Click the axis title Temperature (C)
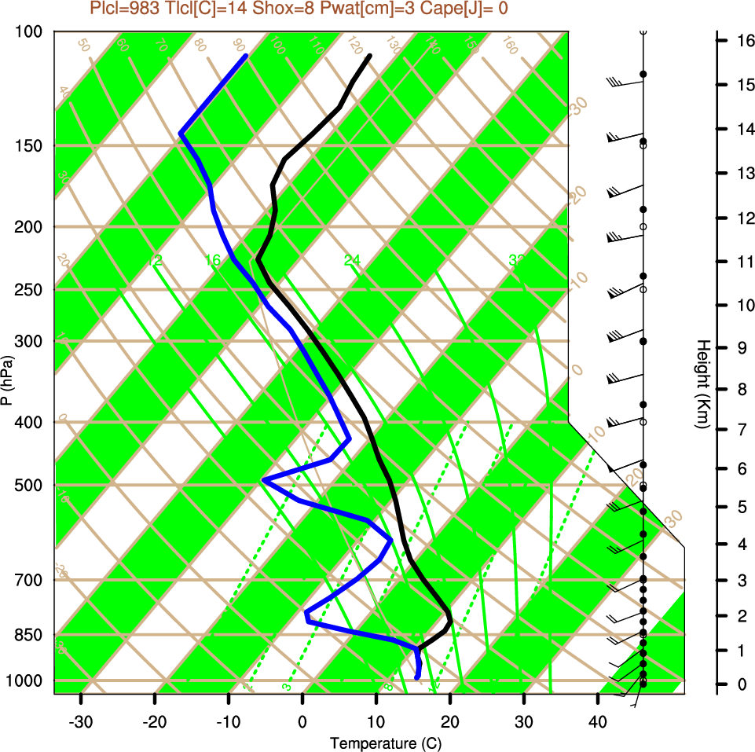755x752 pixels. click(379, 743)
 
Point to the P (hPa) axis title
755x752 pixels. click(7, 380)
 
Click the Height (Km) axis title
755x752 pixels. click(703, 384)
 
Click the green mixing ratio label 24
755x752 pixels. click(352, 260)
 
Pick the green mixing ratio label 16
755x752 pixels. click(213, 260)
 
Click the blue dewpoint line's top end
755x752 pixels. click(246, 56)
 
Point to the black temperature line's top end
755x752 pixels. click(369, 56)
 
